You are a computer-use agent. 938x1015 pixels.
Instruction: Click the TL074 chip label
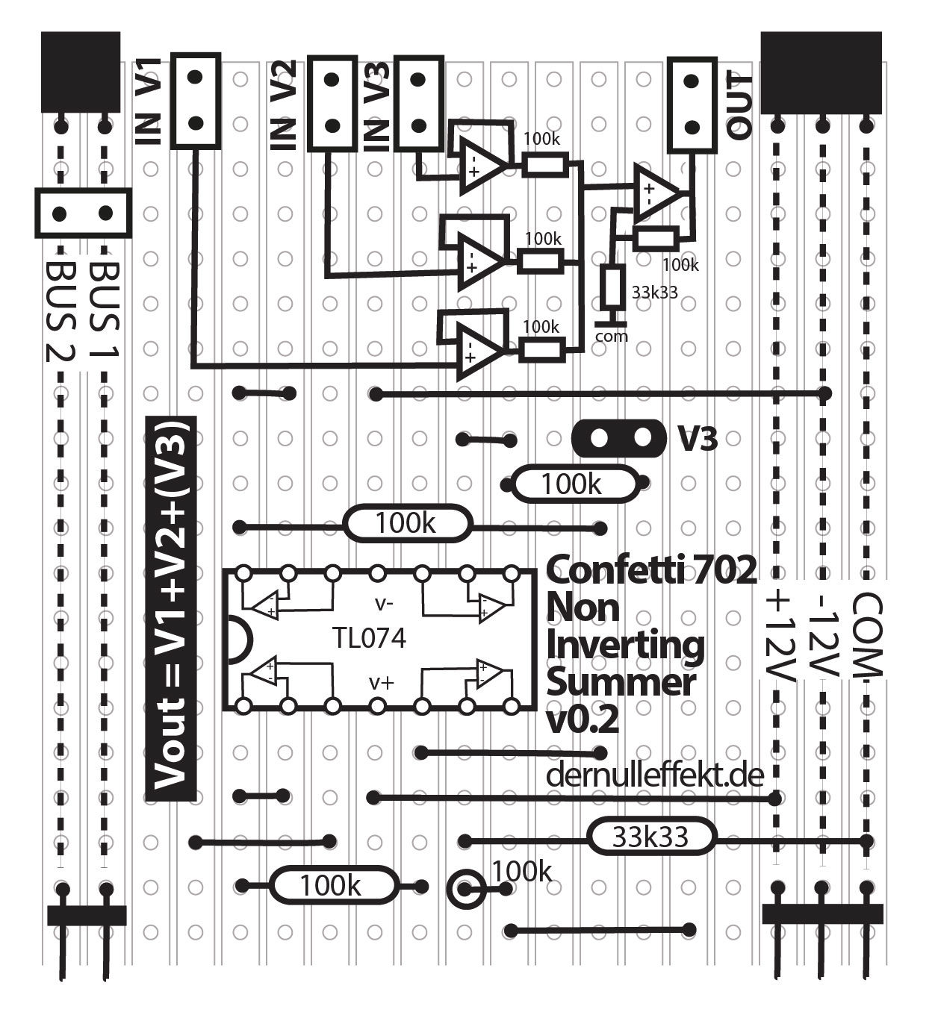coord(369,638)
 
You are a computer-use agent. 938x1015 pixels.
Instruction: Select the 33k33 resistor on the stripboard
coord(650,837)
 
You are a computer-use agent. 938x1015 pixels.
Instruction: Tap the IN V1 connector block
coord(196,100)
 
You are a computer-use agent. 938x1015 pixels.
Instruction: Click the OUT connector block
coord(691,104)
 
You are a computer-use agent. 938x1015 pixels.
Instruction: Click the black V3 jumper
coord(618,438)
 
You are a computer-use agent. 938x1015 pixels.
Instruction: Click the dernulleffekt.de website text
coord(655,775)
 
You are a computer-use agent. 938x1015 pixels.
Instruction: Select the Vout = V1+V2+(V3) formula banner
coord(171,608)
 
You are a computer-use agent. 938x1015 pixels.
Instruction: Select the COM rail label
coord(867,634)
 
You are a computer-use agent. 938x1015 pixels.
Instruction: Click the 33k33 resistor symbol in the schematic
coord(612,287)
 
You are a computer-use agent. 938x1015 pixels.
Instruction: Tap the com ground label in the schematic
coord(611,337)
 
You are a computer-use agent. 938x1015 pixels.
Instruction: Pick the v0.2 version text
coord(583,721)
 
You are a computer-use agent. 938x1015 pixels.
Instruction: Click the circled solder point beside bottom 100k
coord(465,888)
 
